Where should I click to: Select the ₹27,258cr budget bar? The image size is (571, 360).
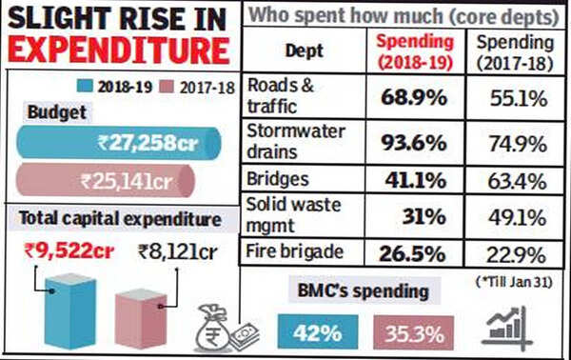pyautogui.click(x=119, y=143)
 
